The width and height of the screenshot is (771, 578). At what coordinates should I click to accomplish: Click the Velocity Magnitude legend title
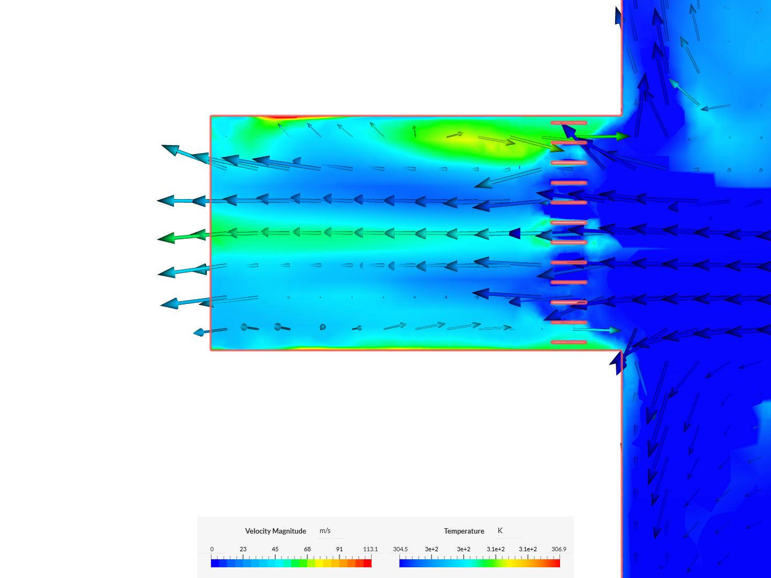click(275, 531)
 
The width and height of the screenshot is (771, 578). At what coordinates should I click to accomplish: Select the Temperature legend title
click(464, 531)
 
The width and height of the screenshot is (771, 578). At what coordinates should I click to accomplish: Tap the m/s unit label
click(325, 530)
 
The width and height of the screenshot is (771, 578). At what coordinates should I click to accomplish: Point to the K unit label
click(500, 530)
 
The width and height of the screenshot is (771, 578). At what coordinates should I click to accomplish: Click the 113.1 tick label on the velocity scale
click(370, 549)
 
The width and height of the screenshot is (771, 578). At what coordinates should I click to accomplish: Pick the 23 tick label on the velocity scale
click(243, 549)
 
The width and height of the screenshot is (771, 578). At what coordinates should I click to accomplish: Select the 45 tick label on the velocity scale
click(275, 549)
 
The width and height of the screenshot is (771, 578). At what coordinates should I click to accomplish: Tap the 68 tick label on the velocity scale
click(307, 549)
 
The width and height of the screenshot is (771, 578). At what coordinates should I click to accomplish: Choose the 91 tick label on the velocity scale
click(339, 549)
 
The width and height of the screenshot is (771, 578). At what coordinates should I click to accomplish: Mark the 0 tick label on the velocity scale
click(212, 549)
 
